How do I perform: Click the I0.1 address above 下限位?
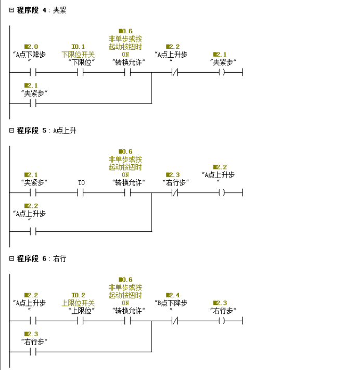point(78,47)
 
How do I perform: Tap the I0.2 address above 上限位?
point(78,295)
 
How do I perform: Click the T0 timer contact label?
point(81,182)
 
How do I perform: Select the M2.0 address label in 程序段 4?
point(31,47)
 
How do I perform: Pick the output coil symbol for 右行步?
point(221,321)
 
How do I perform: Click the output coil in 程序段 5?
point(221,193)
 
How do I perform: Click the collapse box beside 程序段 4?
point(11,10)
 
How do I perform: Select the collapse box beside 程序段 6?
point(11,258)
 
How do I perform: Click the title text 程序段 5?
point(32,130)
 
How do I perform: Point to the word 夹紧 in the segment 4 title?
point(60,10)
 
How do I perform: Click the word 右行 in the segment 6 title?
point(60,258)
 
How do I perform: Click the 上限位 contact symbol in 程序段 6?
point(81,321)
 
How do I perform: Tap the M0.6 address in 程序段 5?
point(125,151)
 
